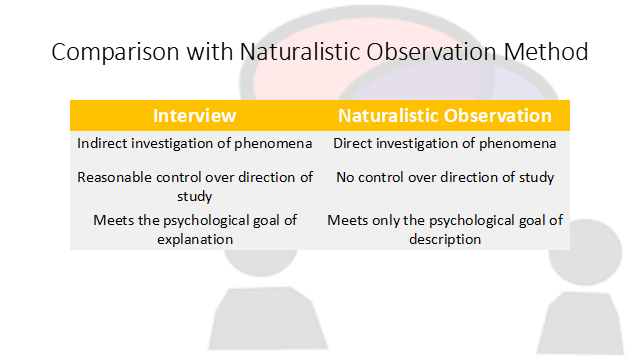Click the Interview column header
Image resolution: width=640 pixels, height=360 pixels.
[194, 115]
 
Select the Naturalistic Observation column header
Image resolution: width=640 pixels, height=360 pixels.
[444, 115]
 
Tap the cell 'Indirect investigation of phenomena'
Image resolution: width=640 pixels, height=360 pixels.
[194, 143]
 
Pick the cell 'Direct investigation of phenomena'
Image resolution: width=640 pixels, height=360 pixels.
[444, 143]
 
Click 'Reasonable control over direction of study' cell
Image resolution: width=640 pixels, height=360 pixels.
[194, 187]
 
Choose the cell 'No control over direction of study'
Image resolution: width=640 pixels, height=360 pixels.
[444, 178]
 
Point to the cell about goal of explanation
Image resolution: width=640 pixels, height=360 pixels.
[194, 230]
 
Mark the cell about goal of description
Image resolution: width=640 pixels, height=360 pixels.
[444, 230]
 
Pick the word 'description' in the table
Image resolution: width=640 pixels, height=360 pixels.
[444, 240]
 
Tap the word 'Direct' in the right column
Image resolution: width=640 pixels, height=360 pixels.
[352, 143]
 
